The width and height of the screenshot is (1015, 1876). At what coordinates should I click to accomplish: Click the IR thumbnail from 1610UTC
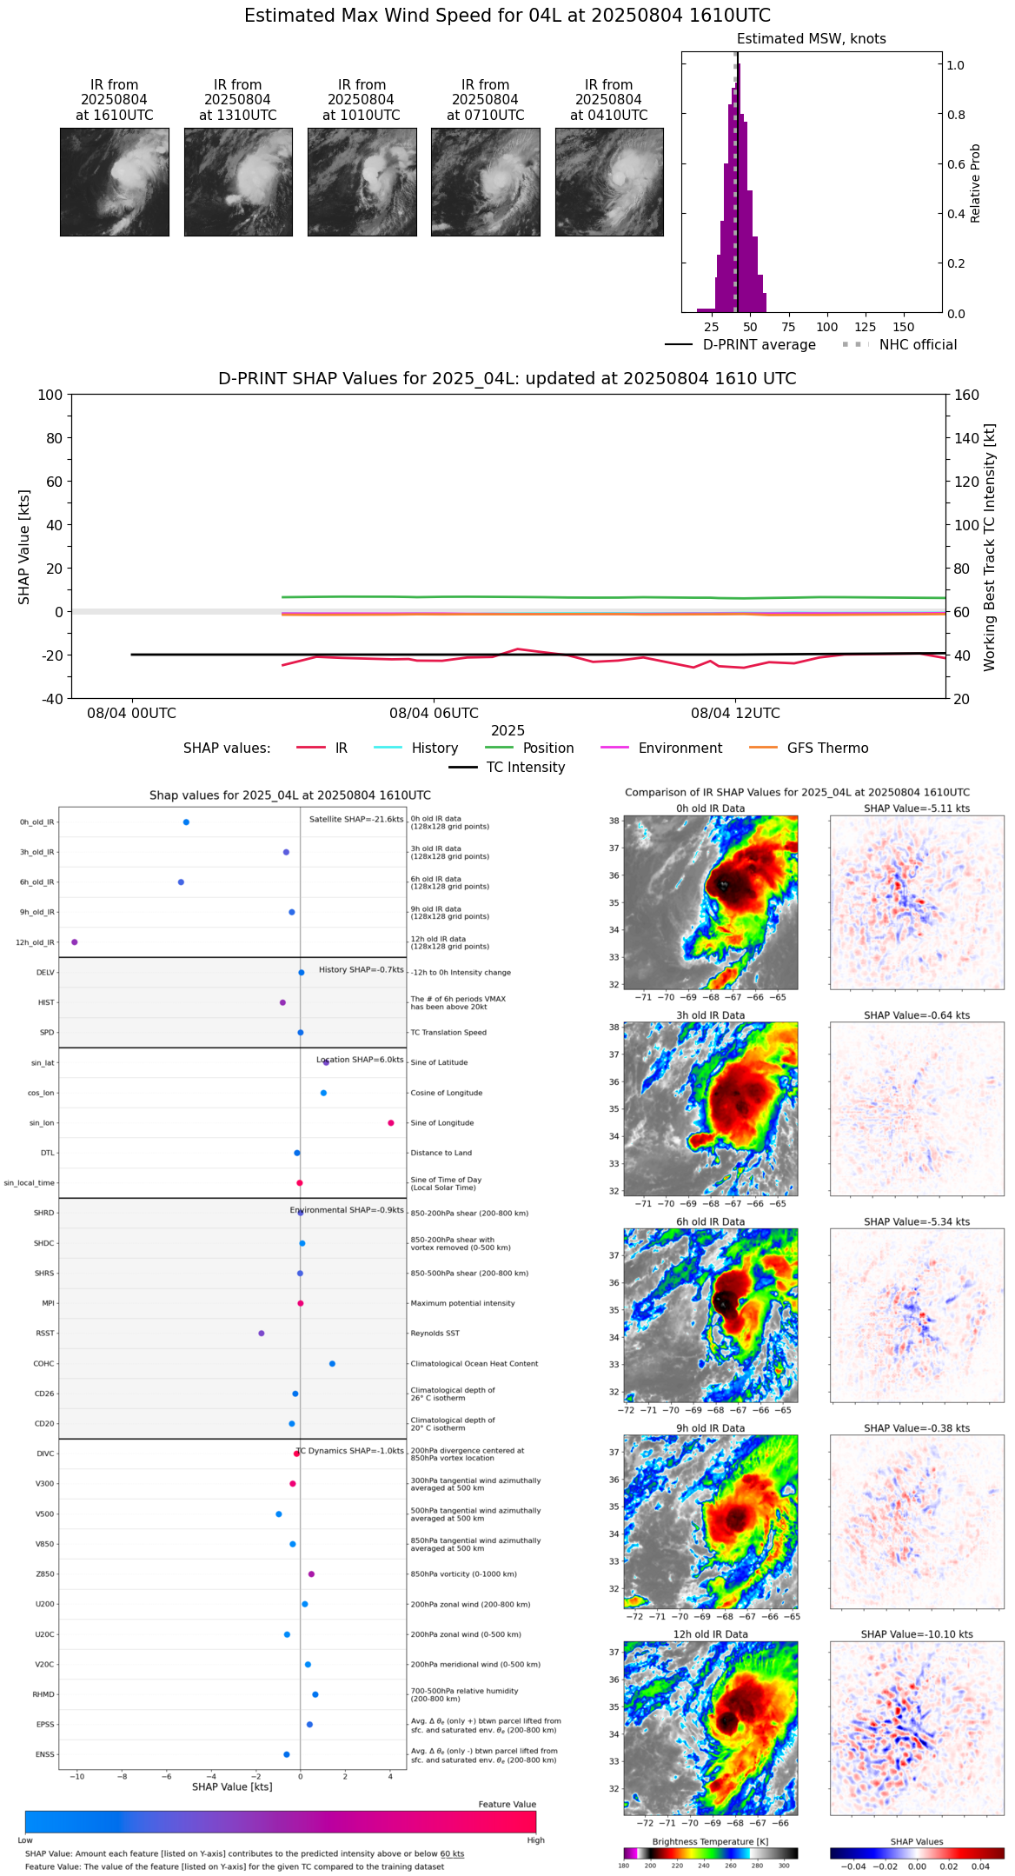pos(114,182)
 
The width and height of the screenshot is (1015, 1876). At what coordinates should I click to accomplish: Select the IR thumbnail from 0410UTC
pos(609,182)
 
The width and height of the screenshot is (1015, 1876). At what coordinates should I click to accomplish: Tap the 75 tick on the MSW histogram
pos(788,327)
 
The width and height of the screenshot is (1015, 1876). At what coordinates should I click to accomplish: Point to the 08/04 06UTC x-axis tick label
pos(434,714)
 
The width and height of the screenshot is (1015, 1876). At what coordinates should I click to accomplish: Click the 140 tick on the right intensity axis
pos(967,438)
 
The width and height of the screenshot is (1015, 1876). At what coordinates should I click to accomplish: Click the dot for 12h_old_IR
pos(75,942)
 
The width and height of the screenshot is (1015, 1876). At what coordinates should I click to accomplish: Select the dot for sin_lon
pos(391,1123)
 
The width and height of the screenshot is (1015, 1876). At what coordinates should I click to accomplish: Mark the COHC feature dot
pos(333,1364)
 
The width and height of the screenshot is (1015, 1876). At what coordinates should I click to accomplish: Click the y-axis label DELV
pos(45,973)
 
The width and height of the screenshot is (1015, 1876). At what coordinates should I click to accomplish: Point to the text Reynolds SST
pos(435,1334)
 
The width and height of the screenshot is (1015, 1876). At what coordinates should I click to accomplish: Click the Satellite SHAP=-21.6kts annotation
pos(356,819)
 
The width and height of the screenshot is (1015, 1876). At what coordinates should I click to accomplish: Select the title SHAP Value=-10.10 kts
pos(917,1634)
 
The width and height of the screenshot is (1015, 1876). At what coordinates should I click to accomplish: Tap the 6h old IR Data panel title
pos(710,1221)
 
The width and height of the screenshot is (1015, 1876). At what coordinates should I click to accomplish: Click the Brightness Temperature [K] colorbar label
pos(710,1841)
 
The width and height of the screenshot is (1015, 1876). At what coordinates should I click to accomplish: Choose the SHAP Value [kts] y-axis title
pos(24,547)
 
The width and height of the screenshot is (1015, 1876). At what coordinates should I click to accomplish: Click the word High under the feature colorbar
pos(535,1840)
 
